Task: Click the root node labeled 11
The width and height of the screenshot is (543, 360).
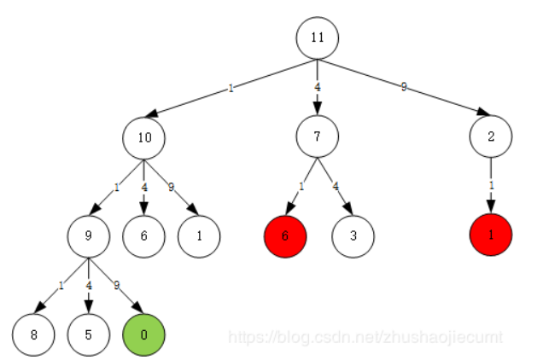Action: [x=318, y=38]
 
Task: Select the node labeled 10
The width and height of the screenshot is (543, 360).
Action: [x=143, y=136]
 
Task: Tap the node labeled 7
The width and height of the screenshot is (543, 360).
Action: [x=318, y=136]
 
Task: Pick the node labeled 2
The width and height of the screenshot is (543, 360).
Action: [x=491, y=136]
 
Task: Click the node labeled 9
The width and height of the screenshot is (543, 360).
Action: [x=89, y=235]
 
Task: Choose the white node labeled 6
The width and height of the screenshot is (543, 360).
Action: [x=143, y=235]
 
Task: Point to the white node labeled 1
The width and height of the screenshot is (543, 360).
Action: [x=199, y=235]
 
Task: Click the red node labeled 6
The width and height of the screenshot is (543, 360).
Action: [x=286, y=235]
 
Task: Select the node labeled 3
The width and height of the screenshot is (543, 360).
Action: [x=353, y=235]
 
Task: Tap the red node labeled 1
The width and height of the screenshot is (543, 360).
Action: [x=491, y=235]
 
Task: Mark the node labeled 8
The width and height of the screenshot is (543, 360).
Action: [x=33, y=334]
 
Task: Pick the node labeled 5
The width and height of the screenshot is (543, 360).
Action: [x=89, y=334]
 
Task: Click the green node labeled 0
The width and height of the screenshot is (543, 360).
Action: [x=143, y=334]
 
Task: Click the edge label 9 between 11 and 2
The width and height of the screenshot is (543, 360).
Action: [x=405, y=87]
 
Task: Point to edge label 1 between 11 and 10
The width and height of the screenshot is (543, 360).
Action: [x=231, y=87]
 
